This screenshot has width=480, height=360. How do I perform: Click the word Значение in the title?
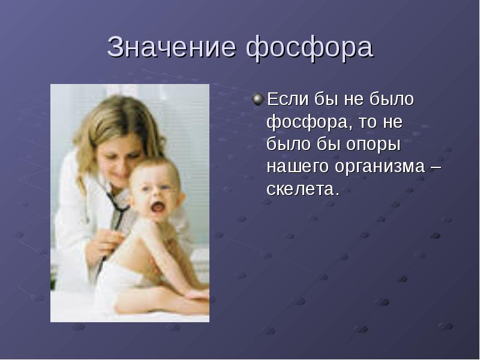(172, 47)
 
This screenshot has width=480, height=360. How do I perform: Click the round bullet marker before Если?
(258, 99)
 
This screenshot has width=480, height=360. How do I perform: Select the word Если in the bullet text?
(288, 99)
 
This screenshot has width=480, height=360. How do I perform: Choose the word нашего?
(298, 167)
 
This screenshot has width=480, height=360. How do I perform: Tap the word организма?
(380, 167)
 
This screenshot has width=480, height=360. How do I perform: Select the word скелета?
(300, 190)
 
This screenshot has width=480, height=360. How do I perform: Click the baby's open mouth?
(158, 207)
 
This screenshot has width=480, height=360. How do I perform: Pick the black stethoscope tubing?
(118, 214)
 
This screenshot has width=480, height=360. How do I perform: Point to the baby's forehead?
(153, 174)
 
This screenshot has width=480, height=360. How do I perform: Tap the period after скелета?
(337, 194)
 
